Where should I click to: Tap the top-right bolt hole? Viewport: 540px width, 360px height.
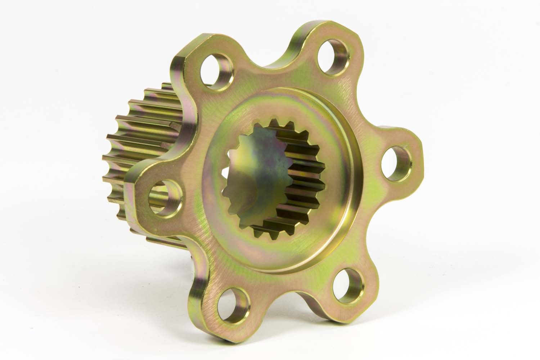[x=334, y=53]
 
